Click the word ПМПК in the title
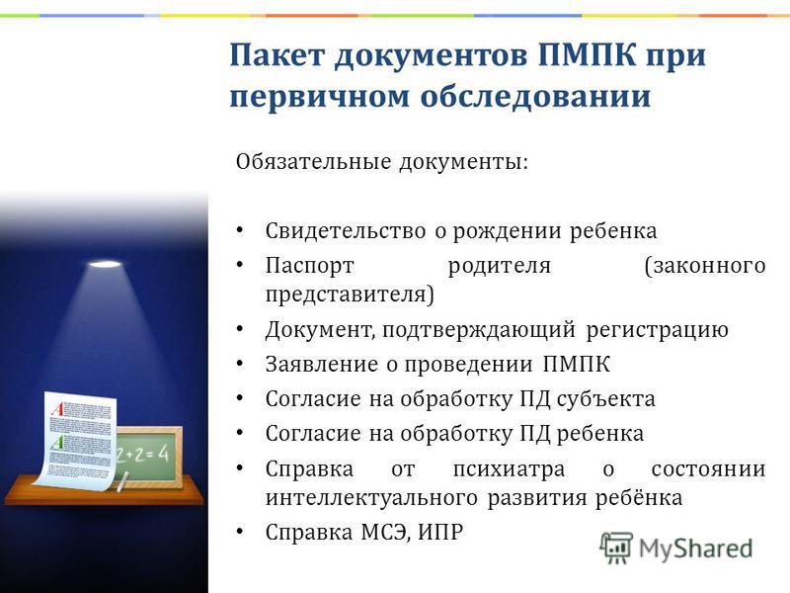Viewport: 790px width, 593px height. tap(587, 55)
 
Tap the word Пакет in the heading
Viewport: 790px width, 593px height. tap(276, 55)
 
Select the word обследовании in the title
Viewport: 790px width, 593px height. tap(535, 95)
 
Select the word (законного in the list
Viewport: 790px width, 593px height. tap(705, 266)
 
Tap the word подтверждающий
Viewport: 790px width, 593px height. tap(479, 330)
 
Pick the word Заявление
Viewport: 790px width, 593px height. tap(322, 364)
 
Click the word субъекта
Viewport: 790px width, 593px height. tap(606, 399)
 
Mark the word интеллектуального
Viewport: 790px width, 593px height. tap(371, 498)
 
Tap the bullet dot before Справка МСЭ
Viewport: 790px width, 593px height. tap(240, 532)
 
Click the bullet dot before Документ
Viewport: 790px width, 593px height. tap(240, 329)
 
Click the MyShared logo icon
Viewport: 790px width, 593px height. tap(616, 548)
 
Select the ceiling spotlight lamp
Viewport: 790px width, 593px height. tap(105, 264)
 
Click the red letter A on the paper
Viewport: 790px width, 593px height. tap(58, 408)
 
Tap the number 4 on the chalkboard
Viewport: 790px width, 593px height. tap(163, 454)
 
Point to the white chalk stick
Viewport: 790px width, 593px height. tap(122, 481)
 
